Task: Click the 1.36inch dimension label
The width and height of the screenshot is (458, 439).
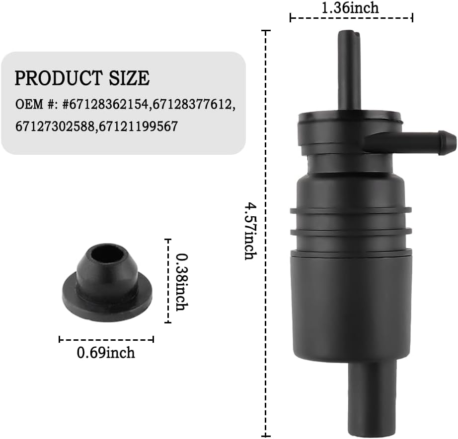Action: pyautogui.click(x=350, y=7)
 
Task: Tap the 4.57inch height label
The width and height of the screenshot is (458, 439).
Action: pyautogui.click(x=250, y=231)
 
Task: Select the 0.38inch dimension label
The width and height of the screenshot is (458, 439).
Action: pyautogui.click(x=182, y=282)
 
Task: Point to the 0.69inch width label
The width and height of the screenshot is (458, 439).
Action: pyautogui.click(x=106, y=352)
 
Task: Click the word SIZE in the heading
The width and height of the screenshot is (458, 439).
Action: pyautogui.click(x=129, y=78)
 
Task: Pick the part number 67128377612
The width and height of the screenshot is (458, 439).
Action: pyautogui.click(x=193, y=104)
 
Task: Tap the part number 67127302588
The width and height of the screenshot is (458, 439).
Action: pyautogui.click(x=55, y=126)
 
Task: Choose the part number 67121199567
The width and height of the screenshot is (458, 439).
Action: pyautogui.click(x=139, y=126)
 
